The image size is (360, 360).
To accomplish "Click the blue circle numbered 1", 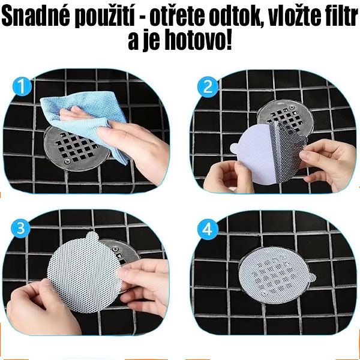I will point(23,88).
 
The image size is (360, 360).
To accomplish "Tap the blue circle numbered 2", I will point(208,88).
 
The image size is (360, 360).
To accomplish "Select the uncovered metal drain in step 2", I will point(282,117).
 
